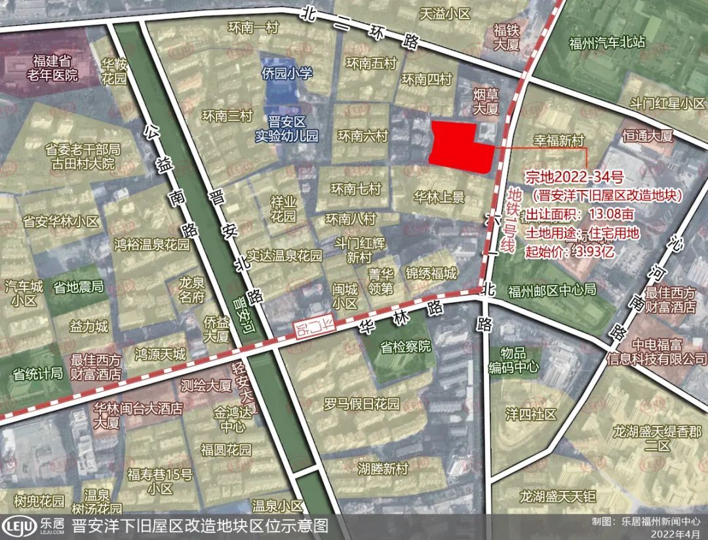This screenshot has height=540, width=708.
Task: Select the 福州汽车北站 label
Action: coord(607,43)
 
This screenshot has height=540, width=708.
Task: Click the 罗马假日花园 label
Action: coord(361,404)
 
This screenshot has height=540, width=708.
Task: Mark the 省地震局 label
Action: coord(78,287)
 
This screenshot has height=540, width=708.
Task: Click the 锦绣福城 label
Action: coord(431,274)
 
